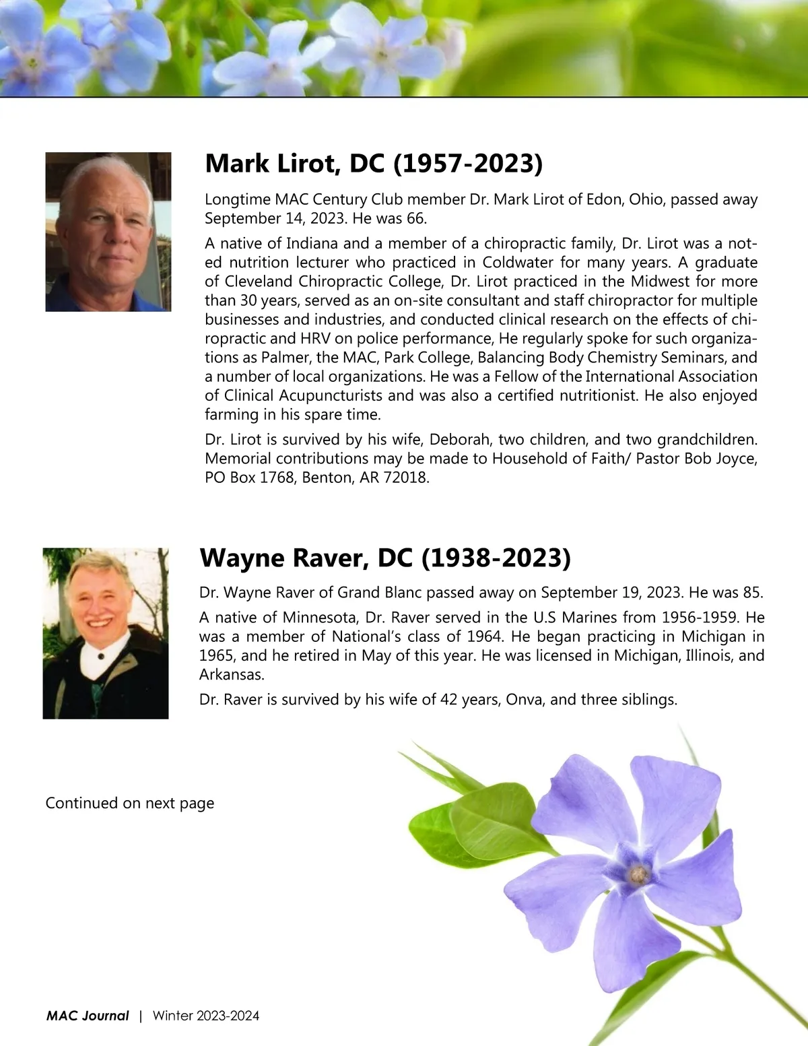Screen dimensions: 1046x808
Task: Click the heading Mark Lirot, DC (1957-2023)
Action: tap(373, 164)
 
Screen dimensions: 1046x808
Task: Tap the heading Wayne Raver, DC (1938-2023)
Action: tap(385, 558)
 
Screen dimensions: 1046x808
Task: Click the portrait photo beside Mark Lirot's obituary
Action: tap(108, 232)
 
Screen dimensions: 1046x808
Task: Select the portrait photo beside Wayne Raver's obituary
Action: tap(106, 633)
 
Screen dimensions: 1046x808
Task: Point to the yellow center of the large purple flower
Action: tap(637, 874)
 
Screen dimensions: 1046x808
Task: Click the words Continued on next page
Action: tap(130, 803)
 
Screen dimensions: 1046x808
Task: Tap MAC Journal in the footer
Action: tap(88, 1016)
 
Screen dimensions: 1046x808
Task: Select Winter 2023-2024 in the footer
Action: tap(206, 1016)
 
